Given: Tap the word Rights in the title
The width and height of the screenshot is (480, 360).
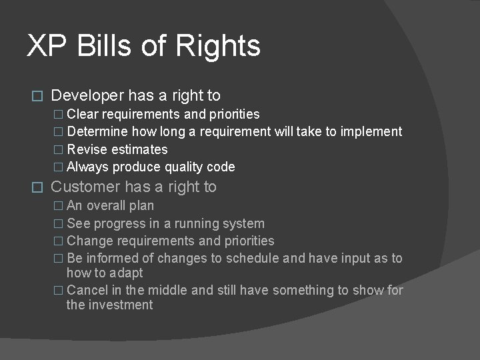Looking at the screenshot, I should [x=218, y=46].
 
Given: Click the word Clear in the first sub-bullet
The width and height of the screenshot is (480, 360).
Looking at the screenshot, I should [x=83, y=114].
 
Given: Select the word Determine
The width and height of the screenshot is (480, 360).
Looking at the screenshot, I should [x=98, y=131].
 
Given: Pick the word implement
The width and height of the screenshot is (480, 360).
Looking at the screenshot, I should [x=371, y=131].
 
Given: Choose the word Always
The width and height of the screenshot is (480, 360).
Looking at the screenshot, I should [x=88, y=167].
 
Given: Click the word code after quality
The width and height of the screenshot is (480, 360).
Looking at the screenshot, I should [x=220, y=167].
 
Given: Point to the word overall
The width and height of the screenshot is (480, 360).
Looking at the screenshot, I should [x=111, y=205].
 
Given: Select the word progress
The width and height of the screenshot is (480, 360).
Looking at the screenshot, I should [x=121, y=223].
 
